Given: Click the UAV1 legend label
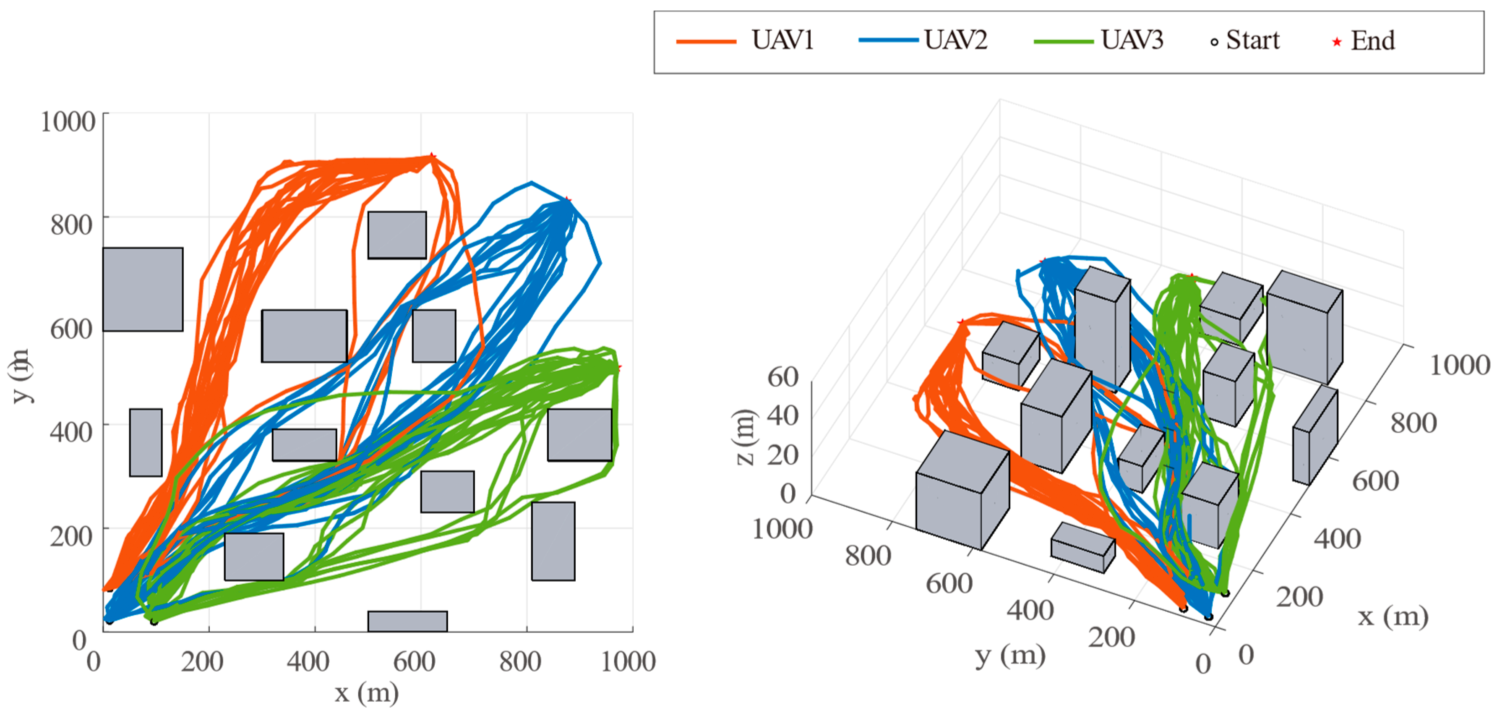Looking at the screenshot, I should click(782, 41).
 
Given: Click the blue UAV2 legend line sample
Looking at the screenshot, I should click(888, 41).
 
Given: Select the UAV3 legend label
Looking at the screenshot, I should click(1132, 41).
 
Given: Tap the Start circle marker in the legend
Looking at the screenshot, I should click(1214, 42).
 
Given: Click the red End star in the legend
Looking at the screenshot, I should click(1337, 42).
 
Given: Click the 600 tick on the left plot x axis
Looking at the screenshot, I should click(414, 662).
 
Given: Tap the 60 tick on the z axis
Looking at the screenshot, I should click(783, 377).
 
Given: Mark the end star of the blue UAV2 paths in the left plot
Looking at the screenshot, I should click(568, 201).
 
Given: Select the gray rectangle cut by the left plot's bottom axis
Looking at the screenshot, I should click(407, 621).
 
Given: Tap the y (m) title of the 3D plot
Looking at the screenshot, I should click(1010, 656).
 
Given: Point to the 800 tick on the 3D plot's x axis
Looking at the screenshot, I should click(1414, 423).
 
